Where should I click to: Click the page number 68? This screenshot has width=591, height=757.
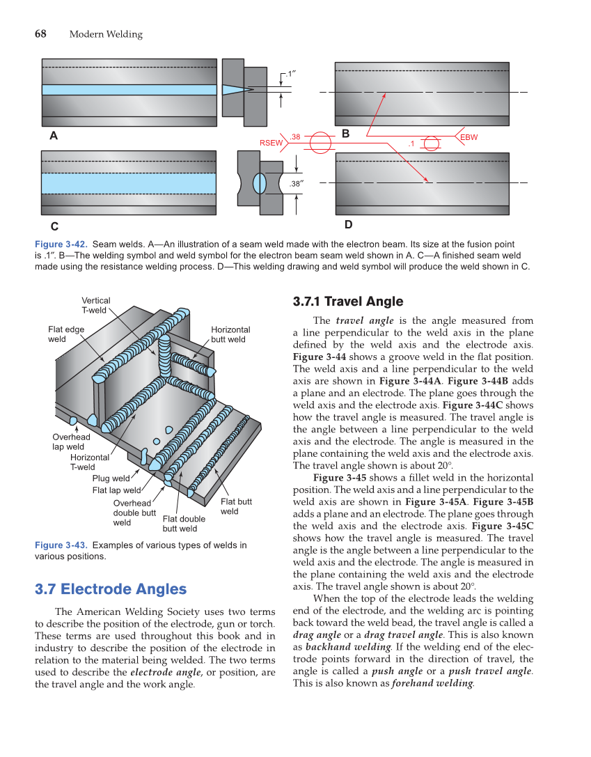[40, 34]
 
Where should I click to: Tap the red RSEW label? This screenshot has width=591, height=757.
[271, 143]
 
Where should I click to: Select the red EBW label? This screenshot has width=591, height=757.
[469, 138]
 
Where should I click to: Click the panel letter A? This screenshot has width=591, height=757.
[54, 136]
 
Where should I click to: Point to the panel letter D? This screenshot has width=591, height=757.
[348, 225]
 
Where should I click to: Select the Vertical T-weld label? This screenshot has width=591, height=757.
[95, 306]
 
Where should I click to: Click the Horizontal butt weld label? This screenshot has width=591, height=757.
[230, 334]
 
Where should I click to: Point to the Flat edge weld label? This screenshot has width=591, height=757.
[66, 334]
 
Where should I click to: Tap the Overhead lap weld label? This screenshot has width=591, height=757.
[71, 442]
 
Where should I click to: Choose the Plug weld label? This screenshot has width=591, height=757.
[111, 478]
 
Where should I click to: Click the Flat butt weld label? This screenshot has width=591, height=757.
[236, 506]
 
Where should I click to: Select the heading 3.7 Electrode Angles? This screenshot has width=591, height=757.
[111, 589]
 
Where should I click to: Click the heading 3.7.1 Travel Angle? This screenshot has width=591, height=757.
[347, 302]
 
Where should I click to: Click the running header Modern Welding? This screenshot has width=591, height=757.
[106, 35]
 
